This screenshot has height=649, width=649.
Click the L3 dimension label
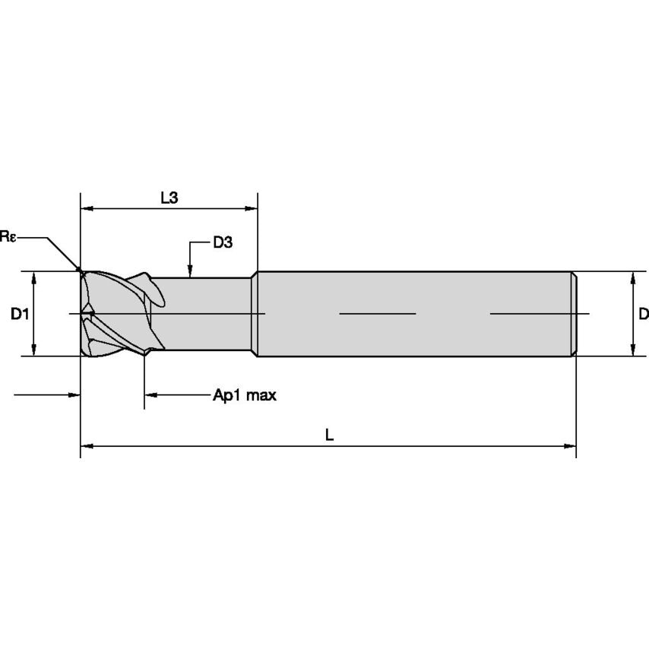pos(169,198)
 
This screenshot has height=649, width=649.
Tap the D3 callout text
pos(222,243)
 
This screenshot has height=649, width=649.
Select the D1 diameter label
pos(20,313)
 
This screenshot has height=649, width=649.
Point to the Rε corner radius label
pos(8,237)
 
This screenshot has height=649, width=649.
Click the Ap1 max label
pos(244,395)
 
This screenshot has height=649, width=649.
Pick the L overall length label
pos(329,435)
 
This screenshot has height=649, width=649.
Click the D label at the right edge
pos(643,313)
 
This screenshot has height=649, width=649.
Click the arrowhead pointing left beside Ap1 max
pos(150,395)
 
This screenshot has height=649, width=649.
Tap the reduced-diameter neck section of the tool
pos(205,313)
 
